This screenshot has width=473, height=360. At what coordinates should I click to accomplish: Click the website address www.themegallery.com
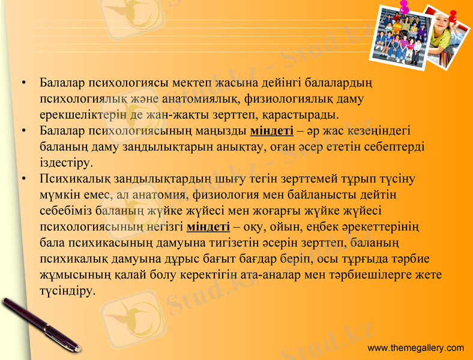[415, 348]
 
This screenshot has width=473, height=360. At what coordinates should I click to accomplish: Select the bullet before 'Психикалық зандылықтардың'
[23, 178]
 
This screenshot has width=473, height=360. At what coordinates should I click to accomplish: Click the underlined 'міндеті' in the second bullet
[271, 130]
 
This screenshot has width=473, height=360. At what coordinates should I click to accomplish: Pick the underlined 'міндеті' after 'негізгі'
[208, 227]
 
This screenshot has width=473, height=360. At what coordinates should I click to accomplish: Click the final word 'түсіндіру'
[67, 292]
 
